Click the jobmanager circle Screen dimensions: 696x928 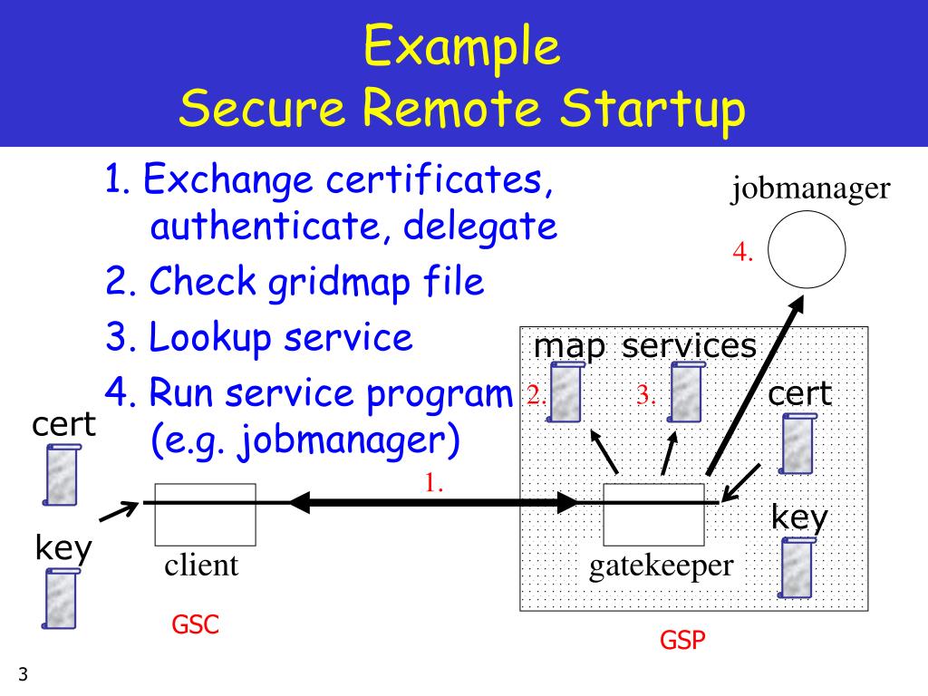tap(807, 250)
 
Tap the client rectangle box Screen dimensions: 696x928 tap(205, 514)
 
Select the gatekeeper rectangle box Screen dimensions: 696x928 tap(653, 514)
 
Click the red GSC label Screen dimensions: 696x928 tap(196, 624)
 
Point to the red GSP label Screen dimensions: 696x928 tap(682, 641)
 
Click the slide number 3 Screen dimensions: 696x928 tap(23, 674)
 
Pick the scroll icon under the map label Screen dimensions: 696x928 tap(566, 393)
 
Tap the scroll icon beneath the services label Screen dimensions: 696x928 tap(686, 393)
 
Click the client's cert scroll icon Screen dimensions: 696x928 tap(62, 474)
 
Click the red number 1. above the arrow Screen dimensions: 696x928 tap(433, 482)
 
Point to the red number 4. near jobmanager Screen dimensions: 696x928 tap(744, 253)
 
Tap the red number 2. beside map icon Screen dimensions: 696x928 tap(535, 394)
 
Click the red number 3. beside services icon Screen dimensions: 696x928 tap(645, 394)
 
